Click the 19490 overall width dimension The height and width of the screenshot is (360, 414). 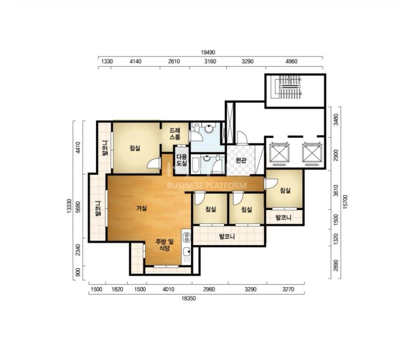click(208, 52)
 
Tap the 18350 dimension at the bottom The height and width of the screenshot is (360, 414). click(188, 299)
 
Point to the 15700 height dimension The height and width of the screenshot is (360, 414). click(345, 202)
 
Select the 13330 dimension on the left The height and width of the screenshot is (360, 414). click(69, 206)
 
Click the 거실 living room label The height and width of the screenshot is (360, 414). click(141, 208)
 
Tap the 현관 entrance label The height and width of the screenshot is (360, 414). click(241, 160)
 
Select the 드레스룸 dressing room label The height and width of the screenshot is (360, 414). click(175, 133)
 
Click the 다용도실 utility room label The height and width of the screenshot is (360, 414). click(182, 160)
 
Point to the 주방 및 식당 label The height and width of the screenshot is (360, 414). click(164, 245)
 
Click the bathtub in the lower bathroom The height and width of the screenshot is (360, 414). click(196, 165)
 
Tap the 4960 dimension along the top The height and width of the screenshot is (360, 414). click(291, 61)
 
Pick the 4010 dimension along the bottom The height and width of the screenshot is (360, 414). click(168, 289)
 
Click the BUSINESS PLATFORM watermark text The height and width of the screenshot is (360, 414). click(207, 186)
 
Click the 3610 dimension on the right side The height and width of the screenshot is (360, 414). click(336, 190)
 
